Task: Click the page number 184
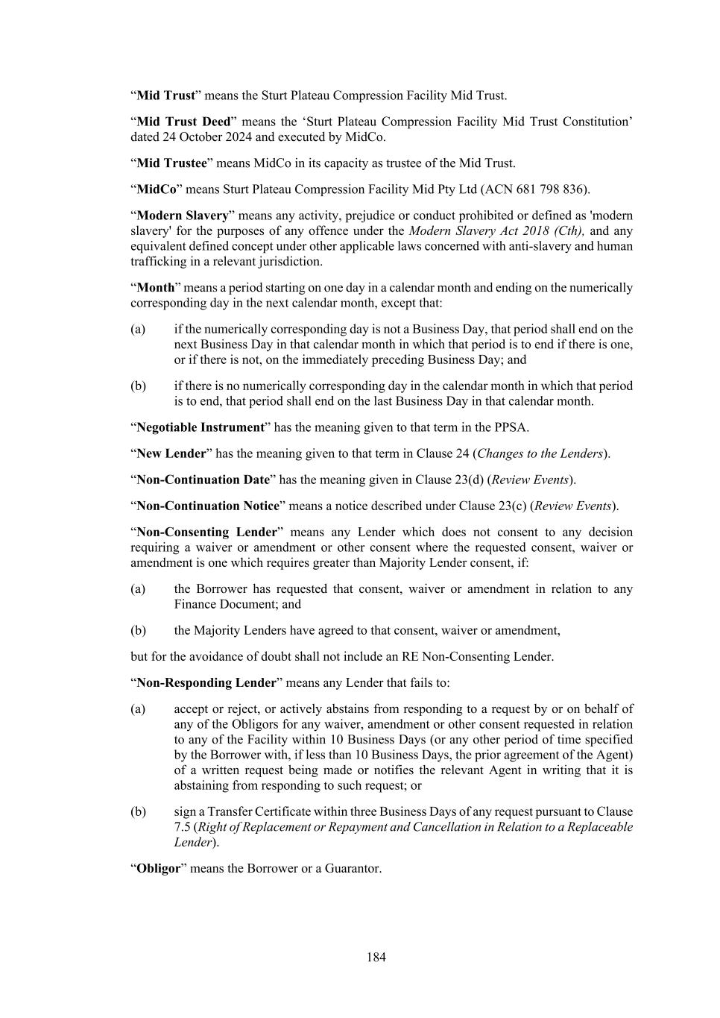376,957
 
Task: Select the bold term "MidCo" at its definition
157,189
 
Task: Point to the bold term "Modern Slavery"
183,216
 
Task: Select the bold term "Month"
155,287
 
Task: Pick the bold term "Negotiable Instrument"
200,427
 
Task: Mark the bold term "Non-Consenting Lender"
206,532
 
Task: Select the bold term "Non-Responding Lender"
206,682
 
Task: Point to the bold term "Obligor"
159,868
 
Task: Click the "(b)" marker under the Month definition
138,386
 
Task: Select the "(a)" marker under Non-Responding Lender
138,708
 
